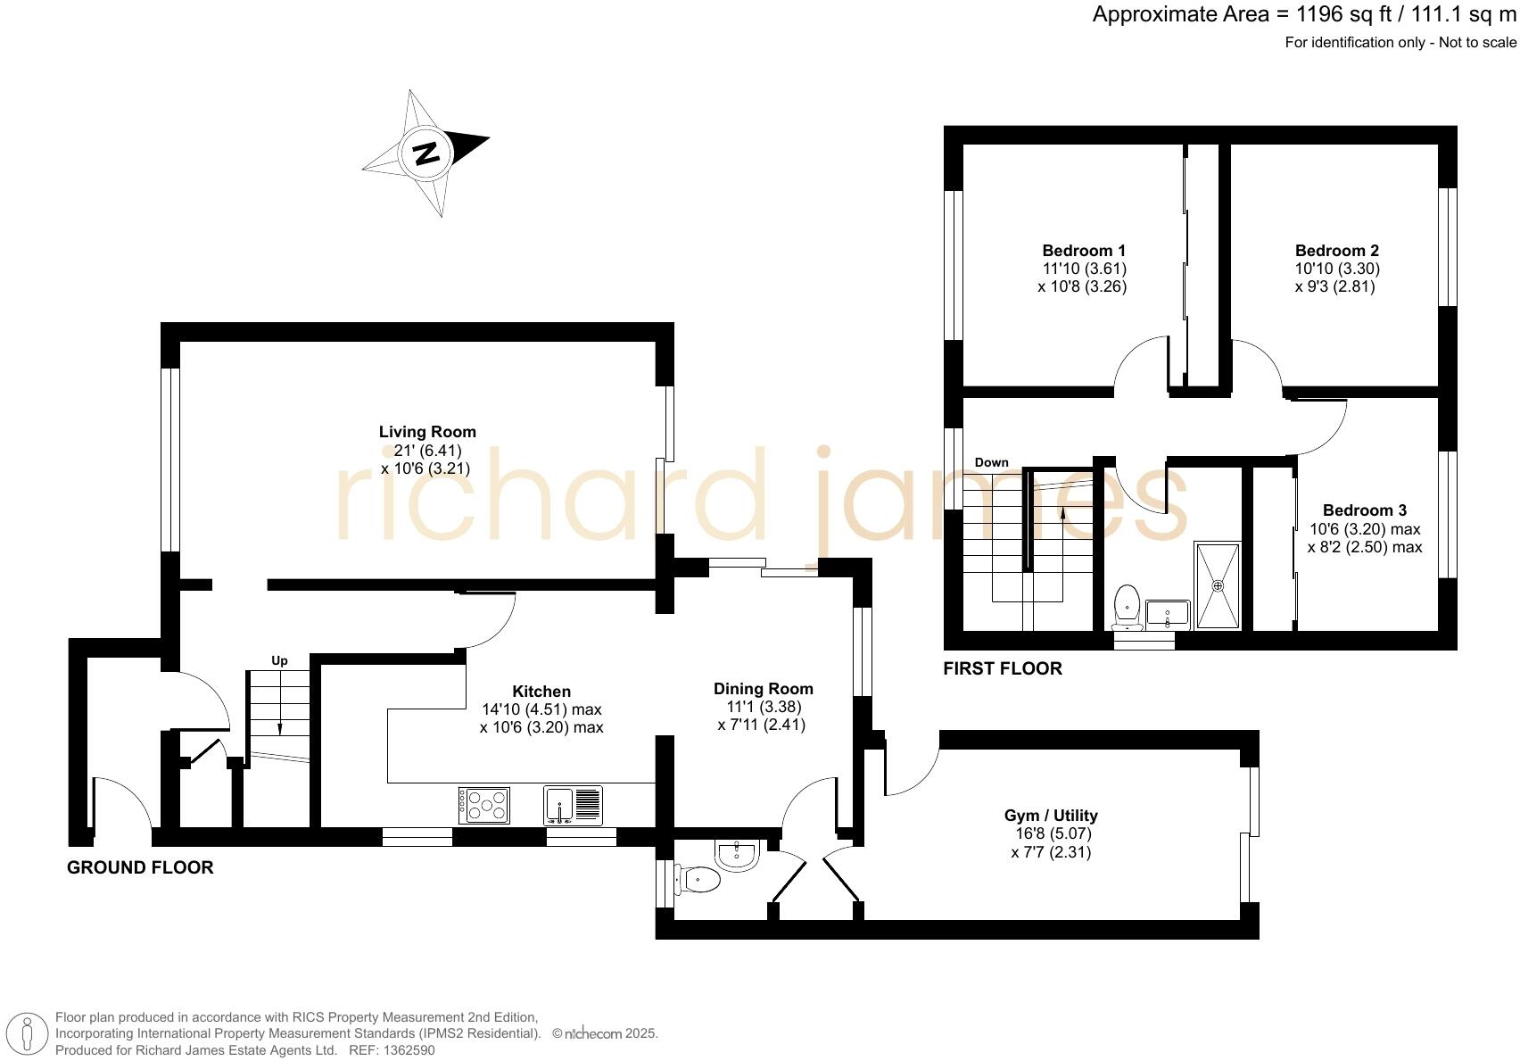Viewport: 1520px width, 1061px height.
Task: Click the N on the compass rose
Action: [x=426, y=153]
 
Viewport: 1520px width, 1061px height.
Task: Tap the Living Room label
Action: [x=427, y=432]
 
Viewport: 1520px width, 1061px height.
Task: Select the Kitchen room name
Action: [x=541, y=691]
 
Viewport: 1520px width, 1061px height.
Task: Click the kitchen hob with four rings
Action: [x=483, y=805]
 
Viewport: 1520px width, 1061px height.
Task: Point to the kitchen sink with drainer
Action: [x=573, y=805]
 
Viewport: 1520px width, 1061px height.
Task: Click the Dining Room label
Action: [x=764, y=688]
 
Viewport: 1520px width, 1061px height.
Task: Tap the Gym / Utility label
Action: [x=1051, y=816]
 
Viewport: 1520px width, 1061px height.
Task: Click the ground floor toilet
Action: [x=697, y=881]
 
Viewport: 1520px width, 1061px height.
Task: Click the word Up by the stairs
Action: [x=279, y=660]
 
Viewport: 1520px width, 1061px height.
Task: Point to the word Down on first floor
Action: [x=991, y=462]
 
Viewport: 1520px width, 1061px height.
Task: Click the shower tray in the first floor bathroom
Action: [x=1218, y=585]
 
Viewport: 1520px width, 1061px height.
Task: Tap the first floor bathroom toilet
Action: [x=1128, y=606]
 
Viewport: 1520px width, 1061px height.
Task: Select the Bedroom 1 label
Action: [x=1084, y=251]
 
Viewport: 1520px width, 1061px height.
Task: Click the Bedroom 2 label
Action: [x=1337, y=251]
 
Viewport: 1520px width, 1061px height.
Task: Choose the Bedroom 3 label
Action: [x=1365, y=510]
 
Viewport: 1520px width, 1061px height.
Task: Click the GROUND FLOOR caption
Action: [x=140, y=867]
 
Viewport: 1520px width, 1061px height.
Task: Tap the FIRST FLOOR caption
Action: [x=1003, y=668]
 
